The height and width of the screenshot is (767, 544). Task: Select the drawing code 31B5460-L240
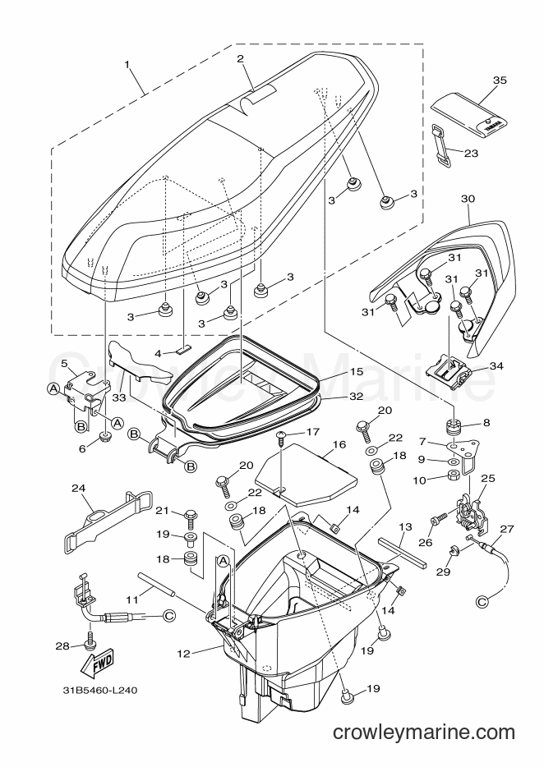[x=100, y=691]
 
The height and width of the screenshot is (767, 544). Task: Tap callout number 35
[x=500, y=80]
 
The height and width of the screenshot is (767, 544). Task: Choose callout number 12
[x=183, y=653]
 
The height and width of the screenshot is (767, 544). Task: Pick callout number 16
[x=339, y=444]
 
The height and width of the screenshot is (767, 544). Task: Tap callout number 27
[x=507, y=529]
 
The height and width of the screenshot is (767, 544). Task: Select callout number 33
[x=119, y=398]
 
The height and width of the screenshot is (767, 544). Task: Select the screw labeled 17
[x=283, y=438]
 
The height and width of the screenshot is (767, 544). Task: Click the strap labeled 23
[x=442, y=145]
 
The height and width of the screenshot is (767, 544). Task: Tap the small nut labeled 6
[x=104, y=437]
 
